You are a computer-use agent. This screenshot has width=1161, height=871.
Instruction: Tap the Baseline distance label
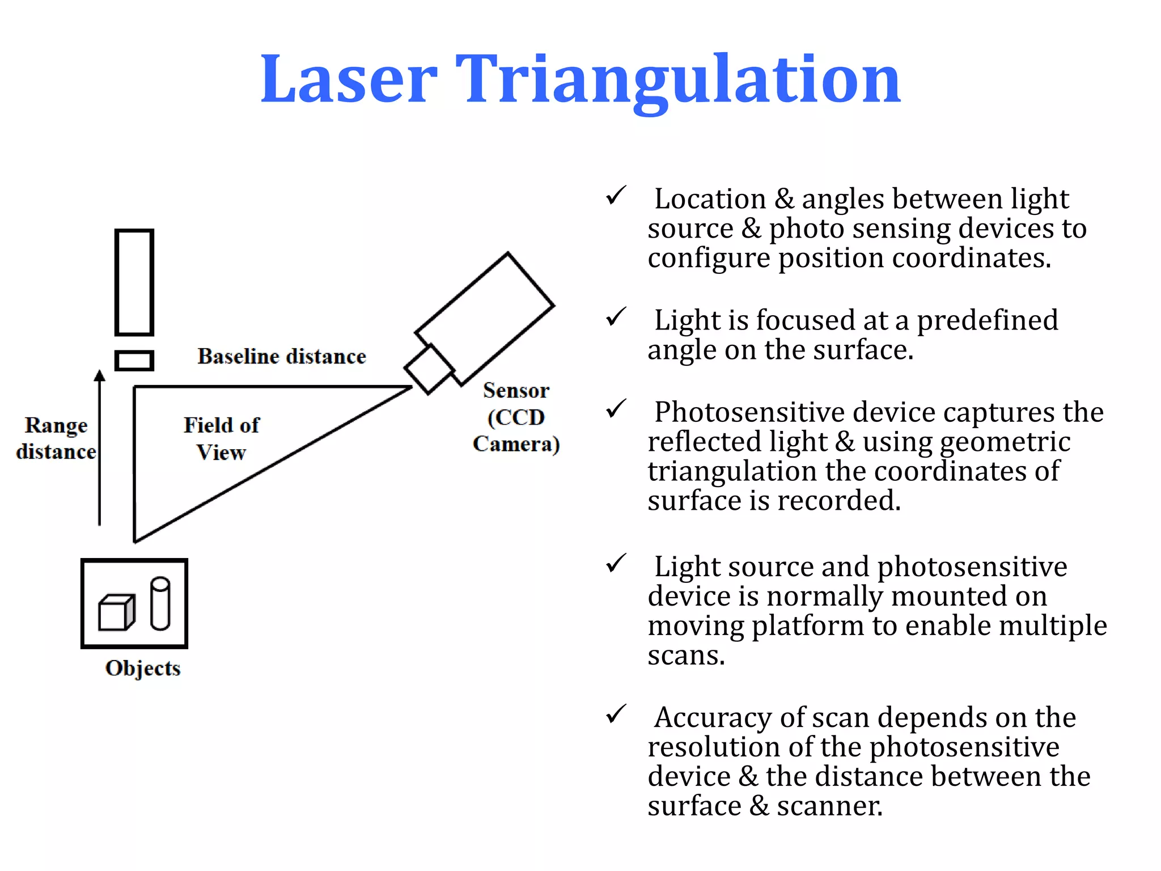[x=282, y=357]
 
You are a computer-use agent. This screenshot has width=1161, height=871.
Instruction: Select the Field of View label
[x=221, y=438]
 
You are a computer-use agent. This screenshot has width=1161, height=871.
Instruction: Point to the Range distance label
[x=56, y=438]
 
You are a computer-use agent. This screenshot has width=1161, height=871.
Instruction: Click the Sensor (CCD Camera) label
[x=516, y=417]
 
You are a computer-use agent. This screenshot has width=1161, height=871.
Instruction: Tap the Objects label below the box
[x=143, y=668]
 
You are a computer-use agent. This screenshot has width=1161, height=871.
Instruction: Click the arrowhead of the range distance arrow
[x=100, y=375]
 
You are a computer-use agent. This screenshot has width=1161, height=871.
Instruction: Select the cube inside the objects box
[x=116, y=612]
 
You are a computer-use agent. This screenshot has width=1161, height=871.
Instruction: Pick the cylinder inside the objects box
[x=160, y=603]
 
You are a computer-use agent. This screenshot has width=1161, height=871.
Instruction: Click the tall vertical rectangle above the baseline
[x=134, y=282]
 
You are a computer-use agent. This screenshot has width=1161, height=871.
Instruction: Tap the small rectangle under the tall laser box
[x=134, y=361]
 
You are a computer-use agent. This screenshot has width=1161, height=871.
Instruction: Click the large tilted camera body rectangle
[x=485, y=318]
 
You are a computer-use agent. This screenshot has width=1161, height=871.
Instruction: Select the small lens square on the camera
[x=429, y=369]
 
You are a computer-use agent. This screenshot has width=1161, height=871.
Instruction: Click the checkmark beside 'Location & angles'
[x=616, y=196]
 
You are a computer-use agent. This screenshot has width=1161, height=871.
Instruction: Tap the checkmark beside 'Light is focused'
[x=616, y=317]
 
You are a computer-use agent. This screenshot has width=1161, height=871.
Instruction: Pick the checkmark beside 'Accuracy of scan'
[x=616, y=714]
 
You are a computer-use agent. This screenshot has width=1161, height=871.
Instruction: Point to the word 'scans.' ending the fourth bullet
[x=686, y=656]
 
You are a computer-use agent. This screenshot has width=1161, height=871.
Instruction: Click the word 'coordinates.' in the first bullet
[x=972, y=258]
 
